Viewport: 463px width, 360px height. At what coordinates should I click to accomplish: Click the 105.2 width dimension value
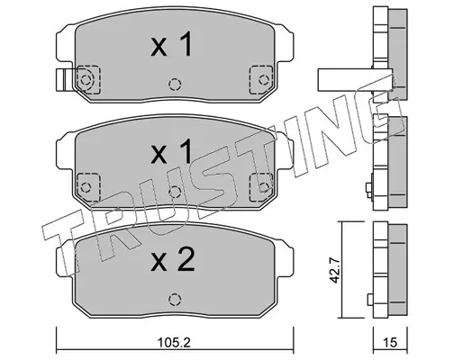(x=174, y=342)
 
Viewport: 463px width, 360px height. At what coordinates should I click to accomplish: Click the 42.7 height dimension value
(x=334, y=270)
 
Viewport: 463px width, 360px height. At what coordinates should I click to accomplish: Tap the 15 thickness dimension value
(x=390, y=342)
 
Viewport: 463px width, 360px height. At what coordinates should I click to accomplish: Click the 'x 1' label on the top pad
(x=171, y=44)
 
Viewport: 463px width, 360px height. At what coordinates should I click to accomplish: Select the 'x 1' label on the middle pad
(x=171, y=151)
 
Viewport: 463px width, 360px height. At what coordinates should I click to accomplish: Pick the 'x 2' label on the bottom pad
(x=173, y=259)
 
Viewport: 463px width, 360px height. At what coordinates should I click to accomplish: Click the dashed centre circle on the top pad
(x=175, y=85)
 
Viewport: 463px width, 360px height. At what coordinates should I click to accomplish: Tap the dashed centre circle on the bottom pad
(x=175, y=299)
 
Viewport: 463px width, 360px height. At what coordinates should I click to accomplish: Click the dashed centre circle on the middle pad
(x=175, y=192)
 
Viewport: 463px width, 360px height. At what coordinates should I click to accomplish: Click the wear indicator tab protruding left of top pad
(x=64, y=79)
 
